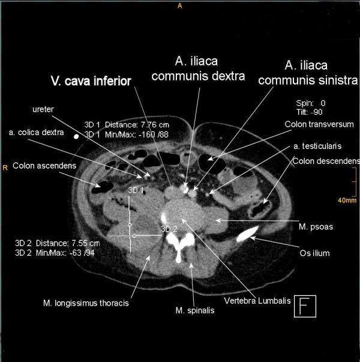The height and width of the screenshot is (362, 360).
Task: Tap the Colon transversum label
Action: point(319,124)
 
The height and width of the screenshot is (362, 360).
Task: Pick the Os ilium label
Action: point(315,253)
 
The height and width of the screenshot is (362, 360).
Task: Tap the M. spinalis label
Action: point(193,310)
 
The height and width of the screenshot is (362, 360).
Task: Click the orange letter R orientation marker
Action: point(5,167)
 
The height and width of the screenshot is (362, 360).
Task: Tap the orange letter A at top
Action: point(179,6)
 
